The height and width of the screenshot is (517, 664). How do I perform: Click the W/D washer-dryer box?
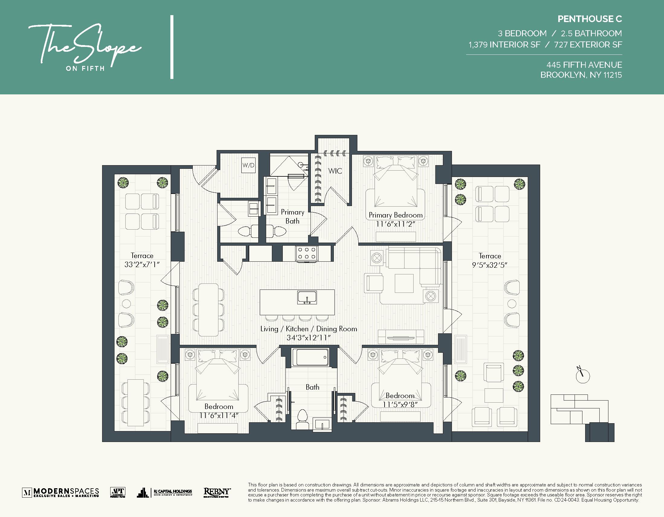(x=248, y=165)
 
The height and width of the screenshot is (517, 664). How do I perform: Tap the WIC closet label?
(x=335, y=171)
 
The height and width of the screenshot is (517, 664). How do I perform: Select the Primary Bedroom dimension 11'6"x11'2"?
(x=395, y=224)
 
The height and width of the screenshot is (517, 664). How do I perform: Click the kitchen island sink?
(x=307, y=297)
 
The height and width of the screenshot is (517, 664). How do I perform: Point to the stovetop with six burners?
(x=307, y=253)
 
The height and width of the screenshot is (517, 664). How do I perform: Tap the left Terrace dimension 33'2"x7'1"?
(x=142, y=265)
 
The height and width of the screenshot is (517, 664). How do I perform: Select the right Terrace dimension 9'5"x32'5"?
(x=489, y=265)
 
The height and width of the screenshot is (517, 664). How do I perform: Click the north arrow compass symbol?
(x=582, y=375)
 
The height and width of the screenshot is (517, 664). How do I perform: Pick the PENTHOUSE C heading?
(x=589, y=19)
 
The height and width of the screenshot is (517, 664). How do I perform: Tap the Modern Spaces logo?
(x=60, y=492)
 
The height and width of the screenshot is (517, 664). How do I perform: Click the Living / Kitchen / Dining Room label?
(x=309, y=329)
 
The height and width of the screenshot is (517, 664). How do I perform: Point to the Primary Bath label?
(x=292, y=217)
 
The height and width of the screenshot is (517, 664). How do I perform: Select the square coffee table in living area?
(x=404, y=283)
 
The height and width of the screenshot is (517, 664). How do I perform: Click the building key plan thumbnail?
(x=582, y=417)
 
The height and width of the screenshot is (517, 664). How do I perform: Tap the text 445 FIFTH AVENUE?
(x=584, y=65)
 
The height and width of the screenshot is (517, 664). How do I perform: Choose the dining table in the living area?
(x=208, y=310)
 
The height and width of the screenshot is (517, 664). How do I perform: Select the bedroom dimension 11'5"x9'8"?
(x=400, y=405)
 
